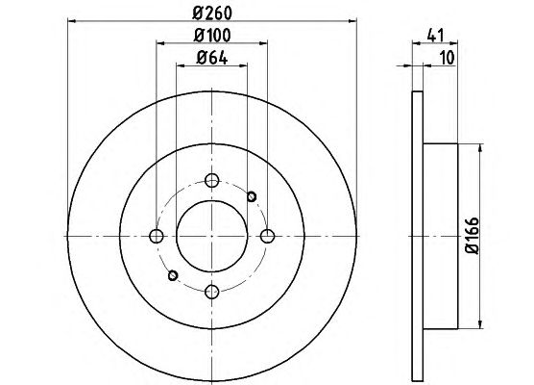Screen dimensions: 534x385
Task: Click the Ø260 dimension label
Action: (x=212, y=13)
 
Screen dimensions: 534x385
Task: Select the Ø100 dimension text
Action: (x=212, y=36)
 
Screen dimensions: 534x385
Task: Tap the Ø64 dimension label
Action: (x=212, y=58)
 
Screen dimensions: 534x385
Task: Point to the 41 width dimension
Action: (x=436, y=36)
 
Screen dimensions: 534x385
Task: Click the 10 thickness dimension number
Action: (x=448, y=58)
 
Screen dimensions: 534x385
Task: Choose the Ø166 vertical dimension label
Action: (x=473, y=236)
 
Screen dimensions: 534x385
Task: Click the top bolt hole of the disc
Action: (x=212, y=180)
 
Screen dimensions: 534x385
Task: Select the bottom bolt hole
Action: (x=212, y=291)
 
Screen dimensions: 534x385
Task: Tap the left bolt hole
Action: (x=157, y=236)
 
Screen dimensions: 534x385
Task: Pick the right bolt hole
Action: (x=267, y=236)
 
